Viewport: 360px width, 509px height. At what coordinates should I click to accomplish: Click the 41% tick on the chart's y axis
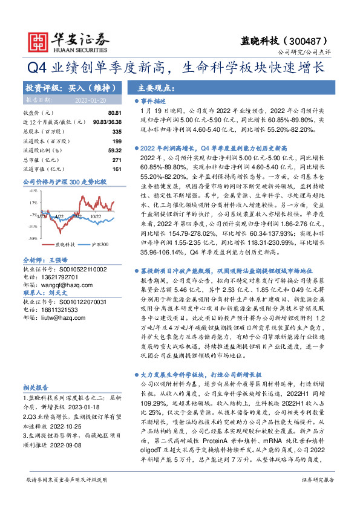point(33,190)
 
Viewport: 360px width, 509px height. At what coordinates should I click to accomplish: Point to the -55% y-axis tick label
point(32,239)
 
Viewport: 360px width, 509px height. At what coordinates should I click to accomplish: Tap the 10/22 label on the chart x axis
point(96,215)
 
